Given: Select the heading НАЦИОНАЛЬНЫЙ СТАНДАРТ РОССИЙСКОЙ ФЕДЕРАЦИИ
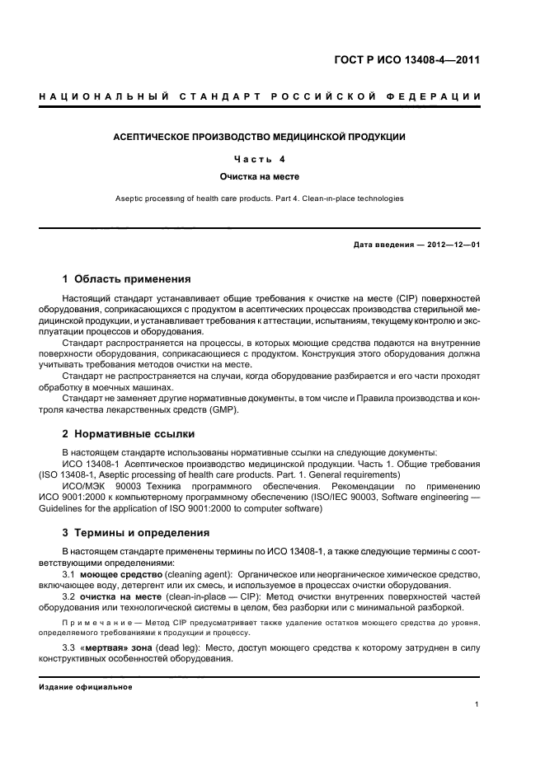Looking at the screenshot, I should coord(260,98).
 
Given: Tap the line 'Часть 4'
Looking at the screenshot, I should coord(260,159).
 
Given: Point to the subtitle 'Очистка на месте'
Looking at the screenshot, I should coord(260,176).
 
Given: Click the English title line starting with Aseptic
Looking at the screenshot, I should coord(260,198).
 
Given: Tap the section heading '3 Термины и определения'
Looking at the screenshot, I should coord(136,532).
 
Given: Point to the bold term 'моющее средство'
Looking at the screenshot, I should coord(119,573).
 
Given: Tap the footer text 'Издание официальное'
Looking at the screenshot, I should coord(85,687).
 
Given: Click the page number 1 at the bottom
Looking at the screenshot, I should coord(477,704).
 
